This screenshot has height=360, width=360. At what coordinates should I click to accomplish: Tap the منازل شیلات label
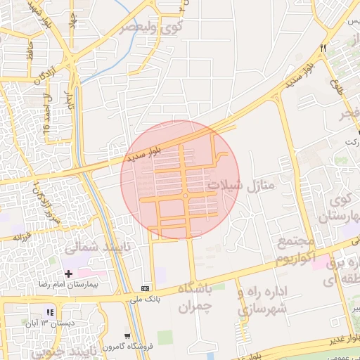(235, 184)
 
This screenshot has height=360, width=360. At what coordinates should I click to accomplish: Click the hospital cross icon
(68, 273)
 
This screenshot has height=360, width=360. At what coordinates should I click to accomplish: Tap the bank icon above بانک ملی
(146, 288)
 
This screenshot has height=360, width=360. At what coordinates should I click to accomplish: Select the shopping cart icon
(127, 335)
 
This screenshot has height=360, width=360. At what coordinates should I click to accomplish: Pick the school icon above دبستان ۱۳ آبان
(49, 311)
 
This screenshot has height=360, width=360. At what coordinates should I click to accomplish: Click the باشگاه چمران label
(185, 297)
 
